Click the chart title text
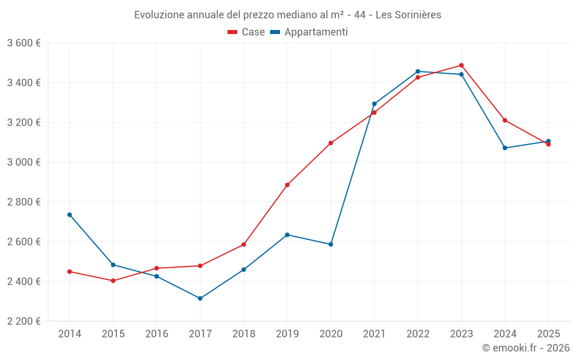tap(287, 15)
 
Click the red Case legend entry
tap(247, 32)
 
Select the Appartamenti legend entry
tap(309, 32)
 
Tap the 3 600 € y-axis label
tap(24, 43)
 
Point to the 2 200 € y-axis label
tap(24, 321)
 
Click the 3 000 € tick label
tap(24, 162)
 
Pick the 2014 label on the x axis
tap(70, 334)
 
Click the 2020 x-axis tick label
tap(331, 334)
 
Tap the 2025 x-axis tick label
tap(548, 334)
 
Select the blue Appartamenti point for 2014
tap(70, 215)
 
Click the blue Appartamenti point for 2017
tap(200, 298)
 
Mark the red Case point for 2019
tap(287, 185)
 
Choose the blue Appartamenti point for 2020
tap(331, 244)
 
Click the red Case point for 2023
tap(461, 65)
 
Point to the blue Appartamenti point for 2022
tap(418, 71)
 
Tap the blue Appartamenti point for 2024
tap(505, 148)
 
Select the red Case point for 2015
tap(113, 281)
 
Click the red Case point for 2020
tap(331, 143)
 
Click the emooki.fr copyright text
tap(525, 348)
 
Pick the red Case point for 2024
tap(505, 120)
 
